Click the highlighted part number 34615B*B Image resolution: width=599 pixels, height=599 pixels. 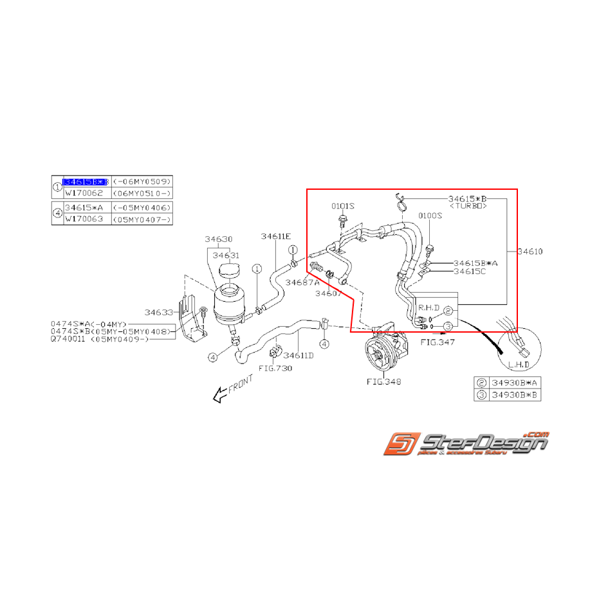86,182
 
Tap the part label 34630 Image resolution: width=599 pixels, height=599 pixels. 219,239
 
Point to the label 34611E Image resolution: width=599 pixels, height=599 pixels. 275,236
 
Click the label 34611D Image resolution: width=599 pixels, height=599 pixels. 299,355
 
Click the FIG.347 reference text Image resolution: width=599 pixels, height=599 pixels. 438,342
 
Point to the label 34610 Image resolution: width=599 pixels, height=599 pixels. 530,252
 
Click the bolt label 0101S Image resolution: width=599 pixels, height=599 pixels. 343,206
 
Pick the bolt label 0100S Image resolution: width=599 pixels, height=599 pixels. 430,216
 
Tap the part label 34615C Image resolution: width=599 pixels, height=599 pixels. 470,272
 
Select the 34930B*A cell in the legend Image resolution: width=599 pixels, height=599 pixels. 515,382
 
